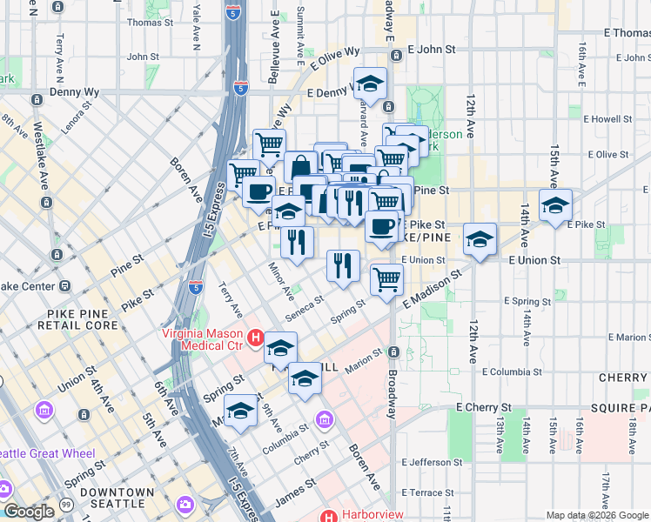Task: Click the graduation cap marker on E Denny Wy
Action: pos(371,85)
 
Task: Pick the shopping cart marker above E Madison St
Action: pos(386,280)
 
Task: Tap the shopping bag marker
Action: pos(300,167)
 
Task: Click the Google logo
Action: pos(28,512)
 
